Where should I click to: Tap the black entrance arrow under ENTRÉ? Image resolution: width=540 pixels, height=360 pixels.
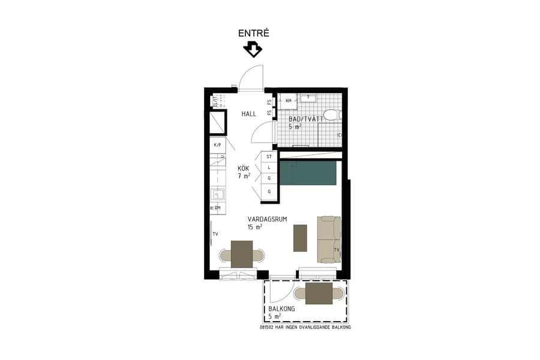click(253, 49)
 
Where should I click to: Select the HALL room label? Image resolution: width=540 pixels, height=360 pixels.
click(249, 114)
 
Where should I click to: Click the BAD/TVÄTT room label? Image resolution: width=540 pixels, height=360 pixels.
click(305, 119)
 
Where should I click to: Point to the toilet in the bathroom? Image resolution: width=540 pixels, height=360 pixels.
click(331, 115)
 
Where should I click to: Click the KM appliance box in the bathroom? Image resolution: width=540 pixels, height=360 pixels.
click(289, 100)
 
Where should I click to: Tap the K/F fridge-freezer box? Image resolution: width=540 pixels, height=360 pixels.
click(218, 145)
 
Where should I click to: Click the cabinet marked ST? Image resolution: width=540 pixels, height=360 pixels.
click(269, 157)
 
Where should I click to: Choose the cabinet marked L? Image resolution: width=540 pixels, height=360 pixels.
click(269, 168)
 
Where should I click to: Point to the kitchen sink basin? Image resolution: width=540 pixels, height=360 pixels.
click(219, 194)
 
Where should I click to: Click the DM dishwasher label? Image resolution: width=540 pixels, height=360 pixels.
click(218, 208)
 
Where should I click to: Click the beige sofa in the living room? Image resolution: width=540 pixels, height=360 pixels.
click(329, 239)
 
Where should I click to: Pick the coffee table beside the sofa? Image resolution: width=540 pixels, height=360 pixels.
click(300, 238)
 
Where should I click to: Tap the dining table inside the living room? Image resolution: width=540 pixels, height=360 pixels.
click(242, 254)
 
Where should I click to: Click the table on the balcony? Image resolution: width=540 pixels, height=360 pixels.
click(319, 293)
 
